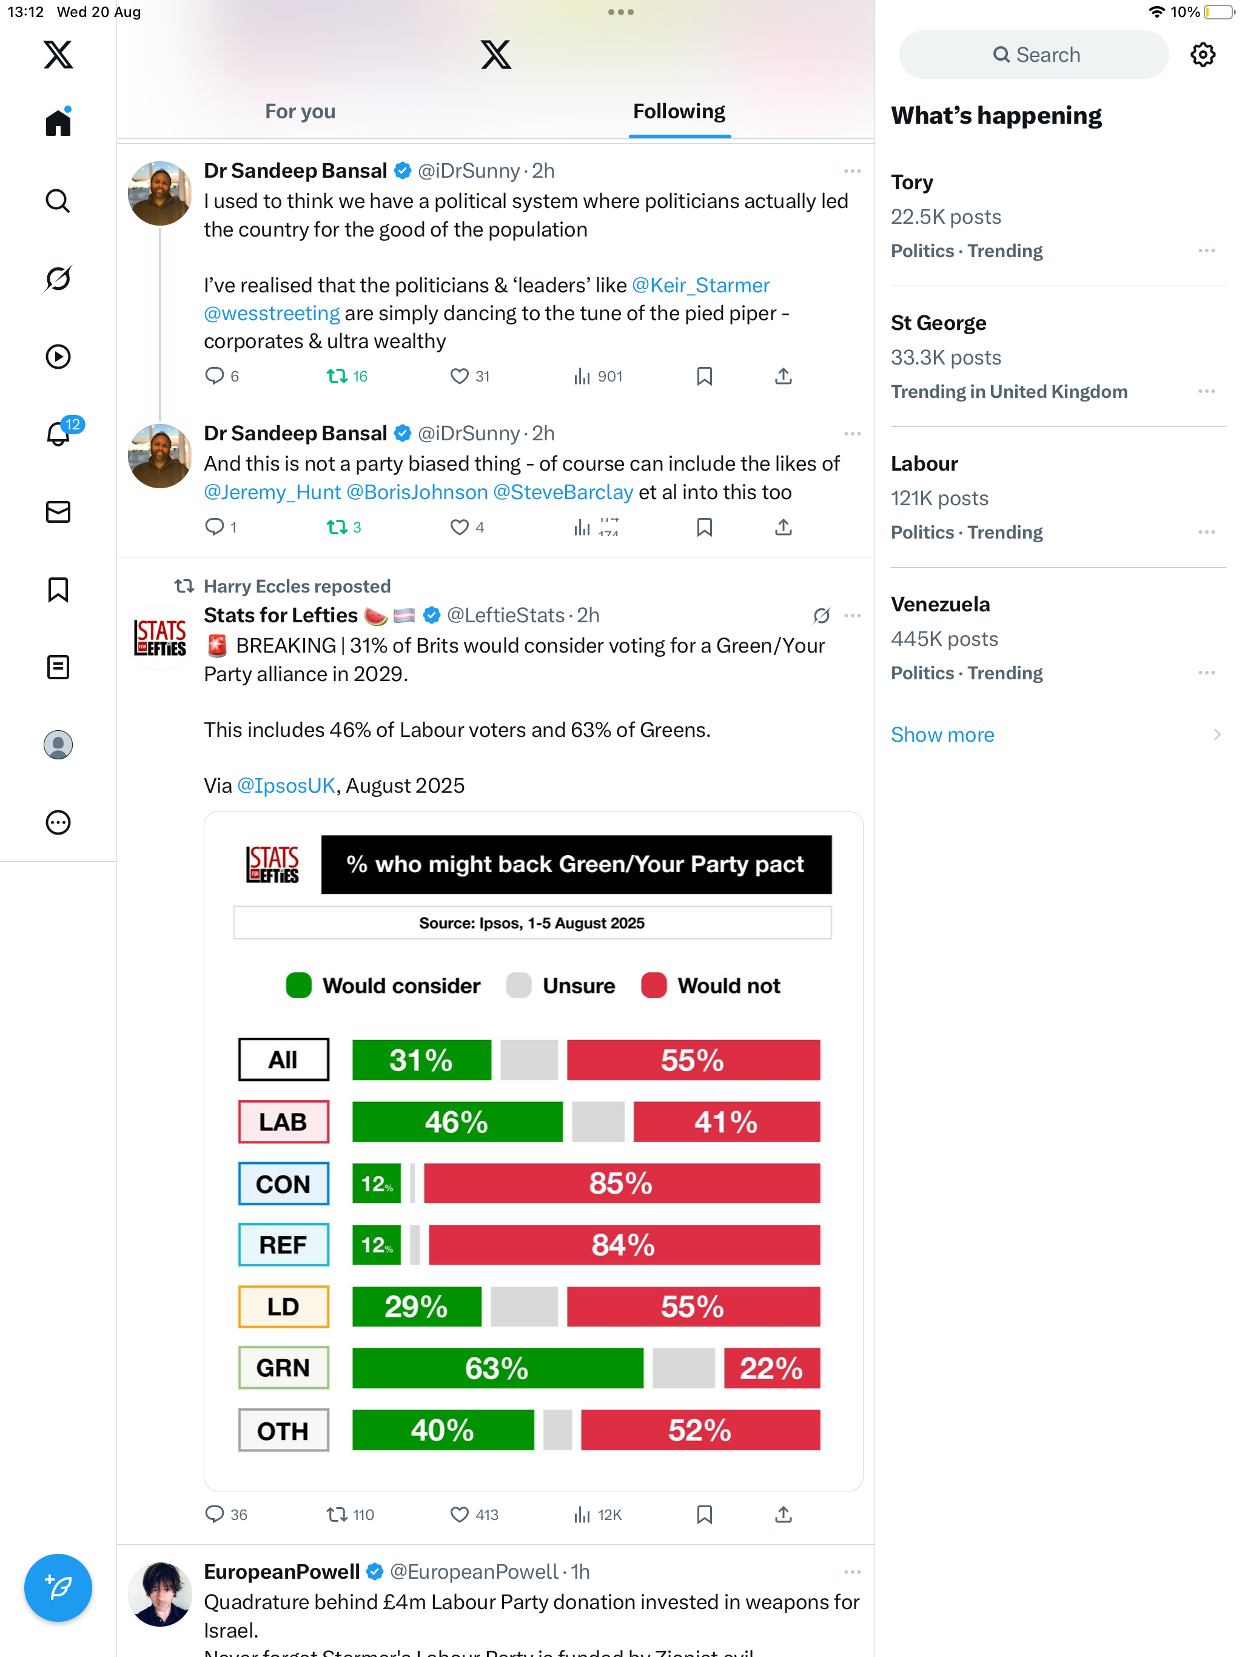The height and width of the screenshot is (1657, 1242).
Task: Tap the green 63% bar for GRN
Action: [x=497, y=1368]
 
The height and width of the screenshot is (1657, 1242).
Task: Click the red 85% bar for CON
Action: [x=621, y=1183]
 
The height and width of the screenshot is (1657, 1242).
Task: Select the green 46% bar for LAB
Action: [x=456, y=1121]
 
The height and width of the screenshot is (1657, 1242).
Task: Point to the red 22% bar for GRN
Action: [x=771, y=1368]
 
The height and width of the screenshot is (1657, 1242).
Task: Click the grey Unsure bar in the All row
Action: [x=528, y=1060]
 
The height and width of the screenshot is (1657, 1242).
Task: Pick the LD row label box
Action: [x=283, y=1306]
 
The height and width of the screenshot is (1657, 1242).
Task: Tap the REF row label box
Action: [x=283, y=1245]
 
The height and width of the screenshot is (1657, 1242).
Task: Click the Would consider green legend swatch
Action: [x=298, y=985]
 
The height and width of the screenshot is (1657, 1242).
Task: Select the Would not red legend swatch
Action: [x=653, y=985]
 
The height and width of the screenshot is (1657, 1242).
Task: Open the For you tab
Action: [x=300, y=112]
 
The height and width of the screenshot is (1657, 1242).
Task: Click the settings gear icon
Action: [x=1203, y=55]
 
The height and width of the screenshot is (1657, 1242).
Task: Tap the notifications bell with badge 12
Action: [x=58, y=434]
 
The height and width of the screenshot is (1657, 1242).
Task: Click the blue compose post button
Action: [x=58, y=1587]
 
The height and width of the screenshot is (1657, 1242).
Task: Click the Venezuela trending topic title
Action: [x=940, y=603]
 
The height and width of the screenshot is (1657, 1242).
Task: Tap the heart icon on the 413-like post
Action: [x=458, y=1514]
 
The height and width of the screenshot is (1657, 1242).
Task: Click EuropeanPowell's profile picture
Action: [x=159, y=1593]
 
